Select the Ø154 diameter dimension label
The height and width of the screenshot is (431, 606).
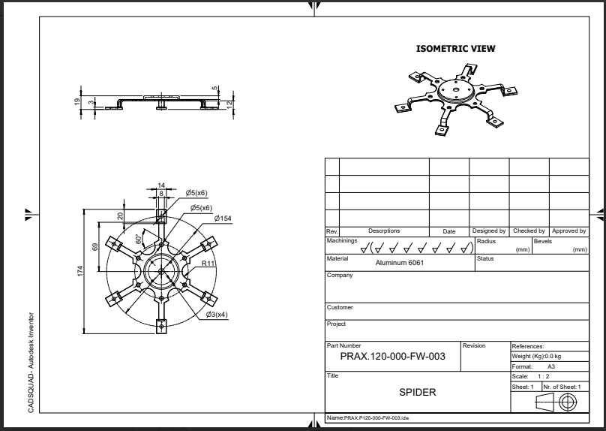(222, 218)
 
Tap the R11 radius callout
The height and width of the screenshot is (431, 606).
(208, 264)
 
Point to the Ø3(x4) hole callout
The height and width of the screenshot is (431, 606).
(217, 315)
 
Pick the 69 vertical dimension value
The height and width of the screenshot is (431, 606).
(96, 247)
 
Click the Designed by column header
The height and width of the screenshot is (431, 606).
(489, 231)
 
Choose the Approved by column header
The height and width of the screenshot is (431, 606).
(568, 231)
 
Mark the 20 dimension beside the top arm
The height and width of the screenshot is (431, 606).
(120, 215)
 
